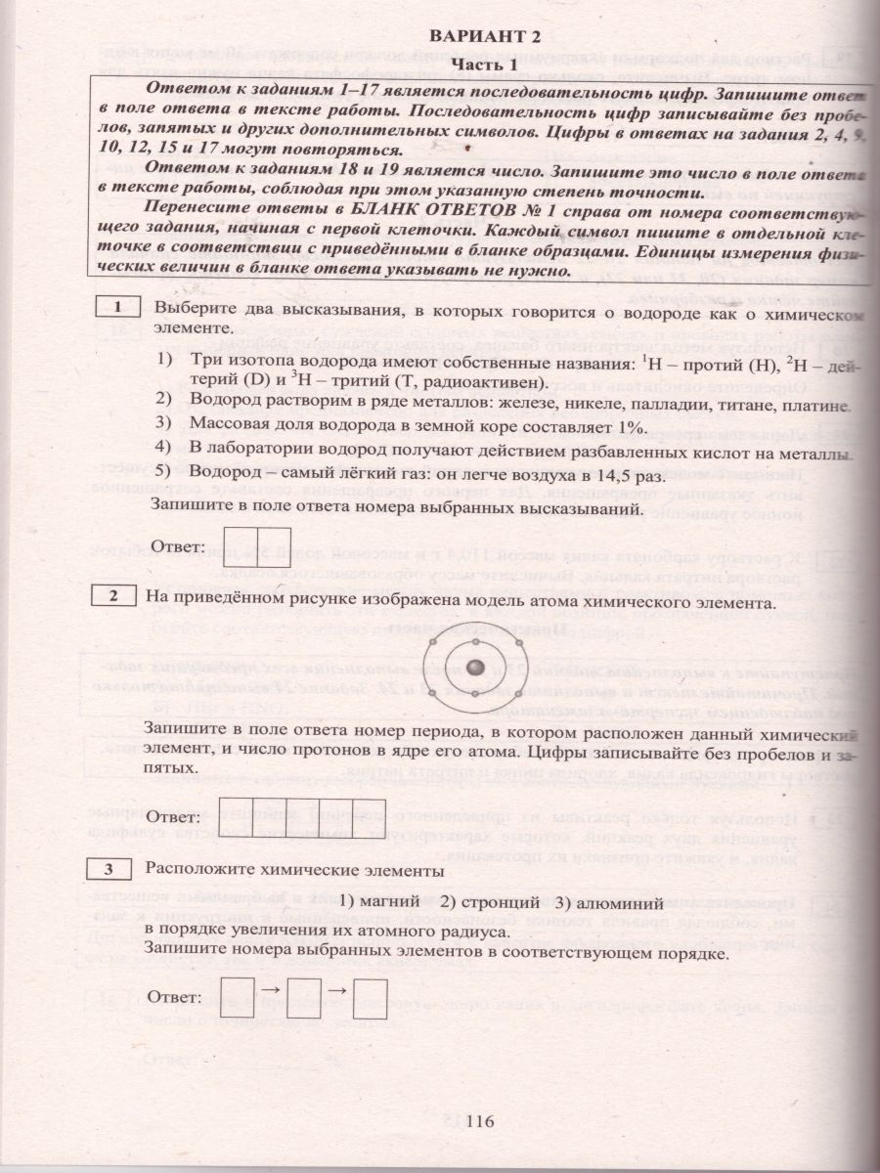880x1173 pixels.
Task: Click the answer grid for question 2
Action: tap(301, 815)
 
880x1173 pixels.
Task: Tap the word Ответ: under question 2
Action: tap(174, 815)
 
